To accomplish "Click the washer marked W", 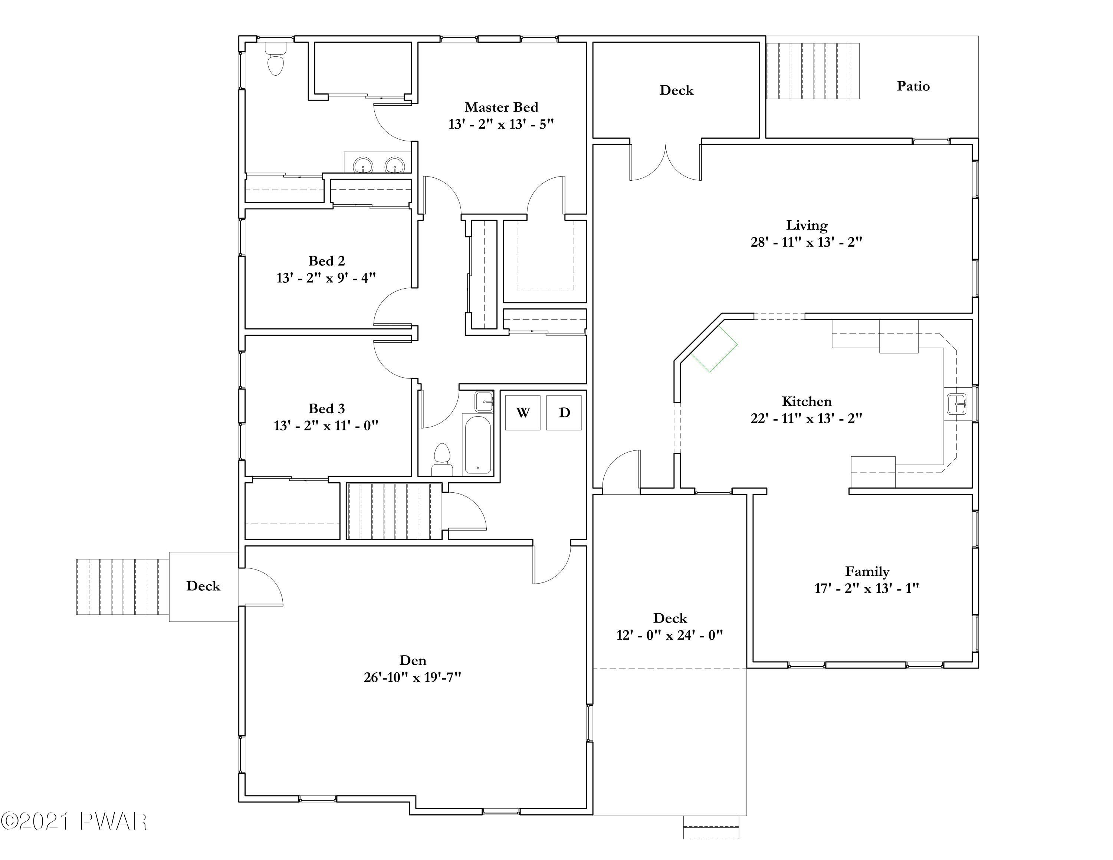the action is tap(523, 413).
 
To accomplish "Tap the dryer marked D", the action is tap(564, 413).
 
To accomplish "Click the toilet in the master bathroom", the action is tap(276, 59).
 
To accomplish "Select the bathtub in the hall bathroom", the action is tap(477, 444).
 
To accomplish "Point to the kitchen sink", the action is tap(956, 404).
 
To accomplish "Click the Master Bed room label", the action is tap(502, 107).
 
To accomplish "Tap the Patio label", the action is tap(913, 86).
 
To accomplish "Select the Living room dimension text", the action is tap(806, 242).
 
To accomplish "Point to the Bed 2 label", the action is tap(326, 261).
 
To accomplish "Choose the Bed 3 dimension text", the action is tap(326, 426).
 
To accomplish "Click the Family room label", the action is tap(867, 572).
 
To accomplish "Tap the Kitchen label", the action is tap(807, 401).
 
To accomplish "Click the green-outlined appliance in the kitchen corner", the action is tap(714, 349).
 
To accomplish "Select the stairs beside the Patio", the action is tap(813, 71).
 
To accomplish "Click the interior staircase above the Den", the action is tap(394, 511).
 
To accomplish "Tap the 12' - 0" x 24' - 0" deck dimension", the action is tap(670, 635).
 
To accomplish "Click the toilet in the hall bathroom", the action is tap(442, 460).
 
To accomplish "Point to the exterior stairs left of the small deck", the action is tap(123, 587).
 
